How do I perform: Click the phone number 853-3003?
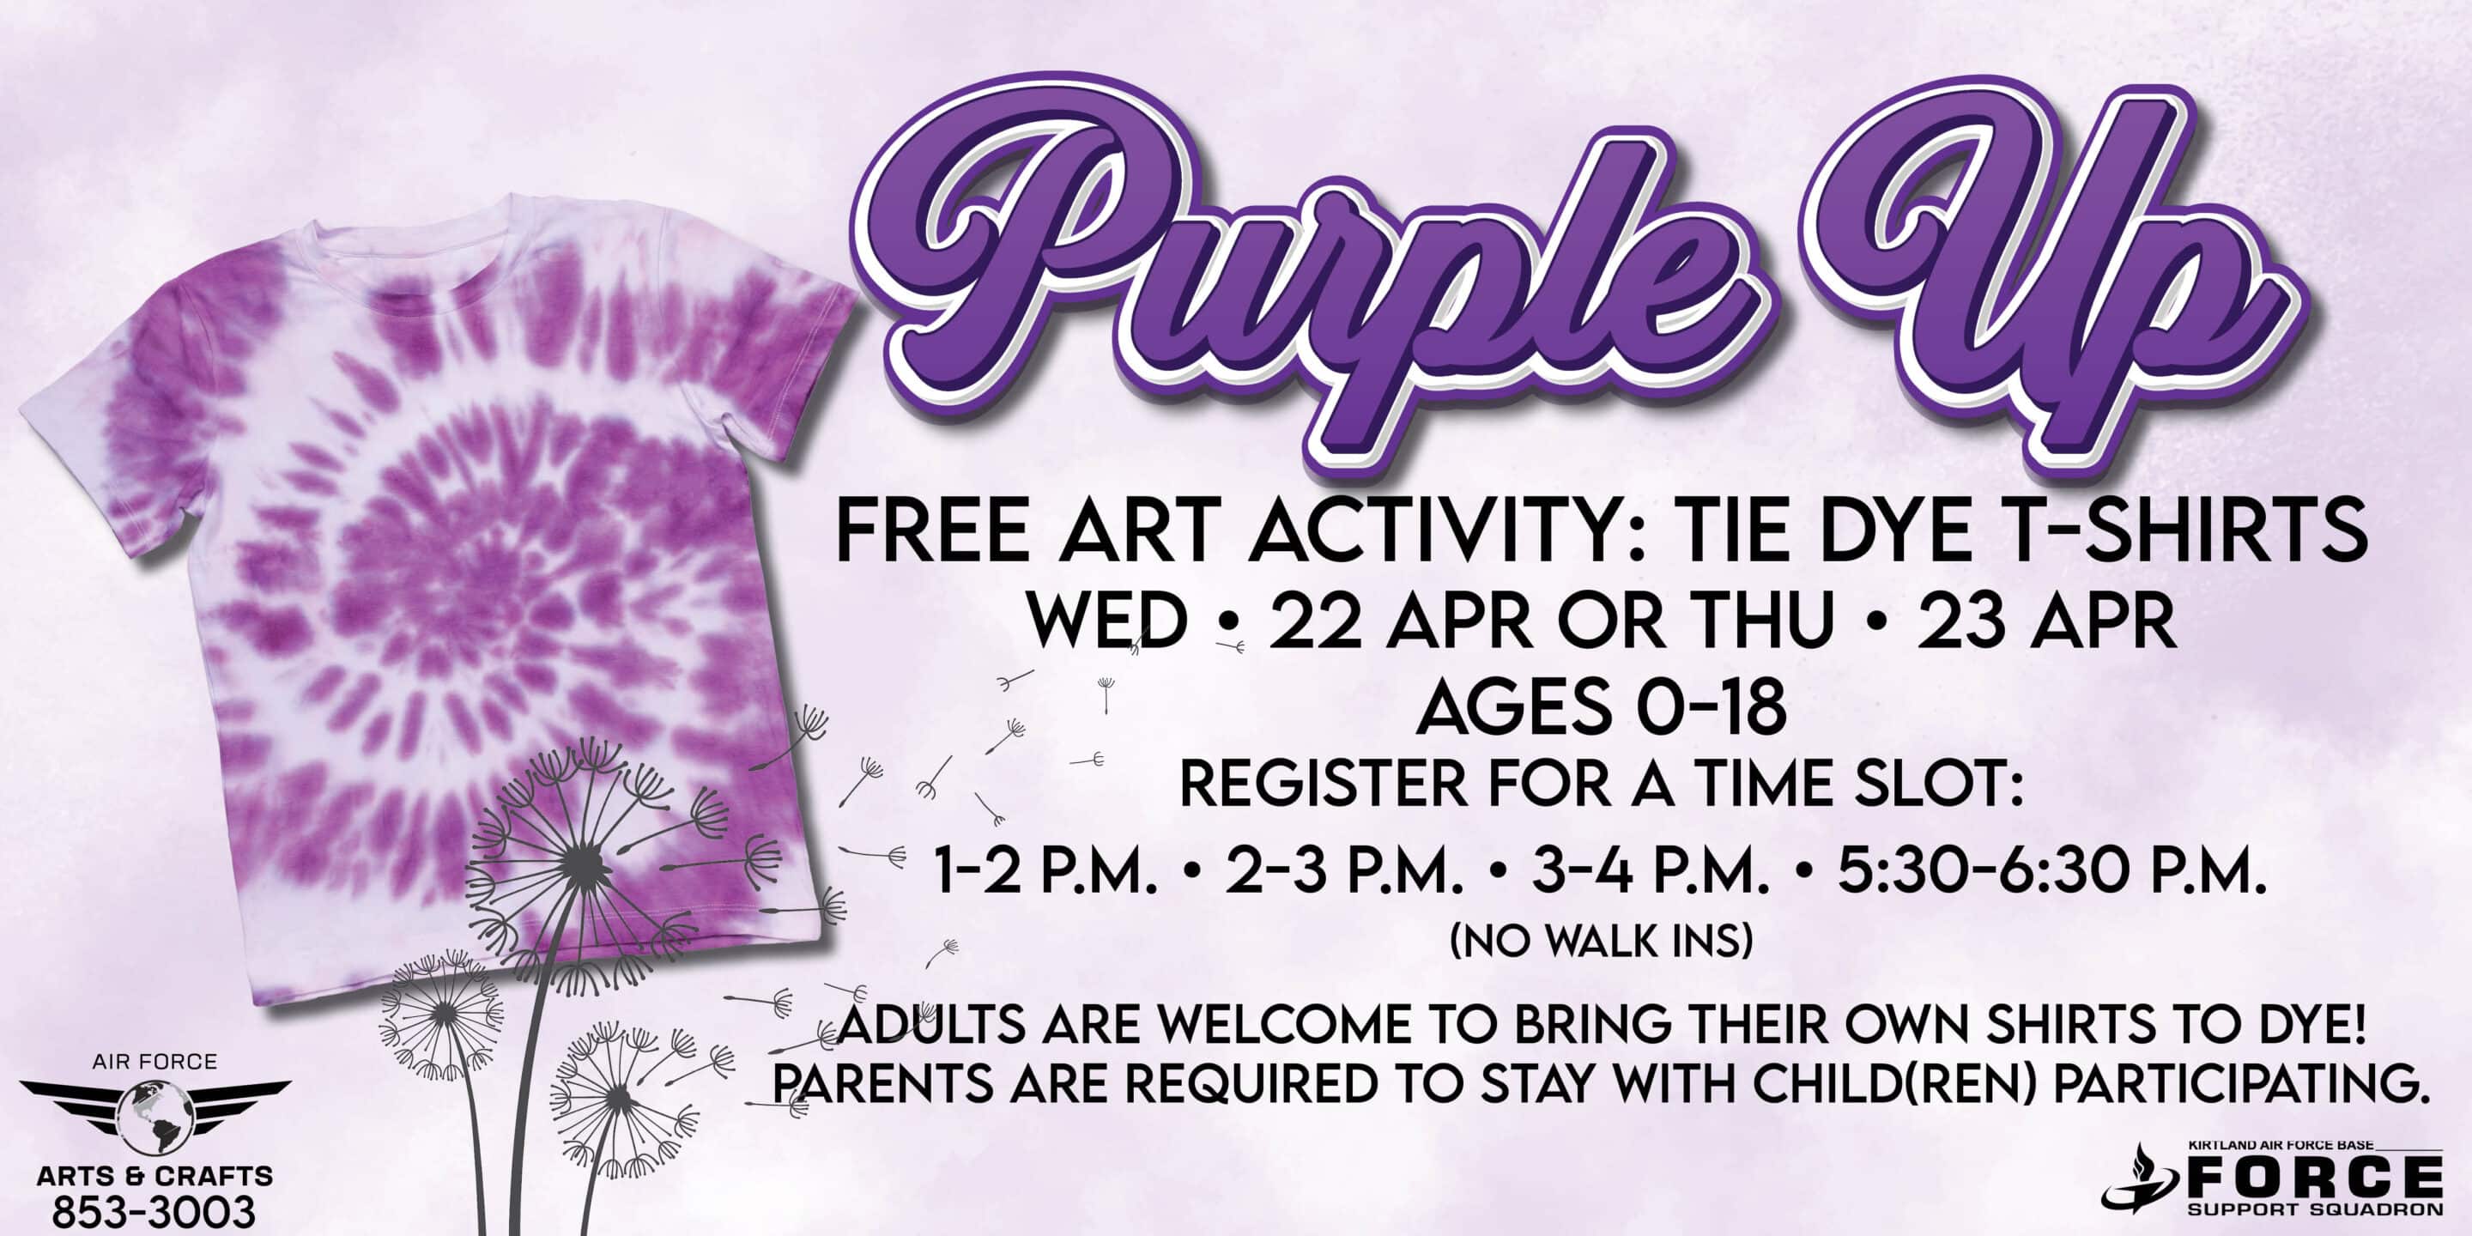[x=154, y=1212]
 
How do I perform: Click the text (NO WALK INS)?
[x=1602, y=942]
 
